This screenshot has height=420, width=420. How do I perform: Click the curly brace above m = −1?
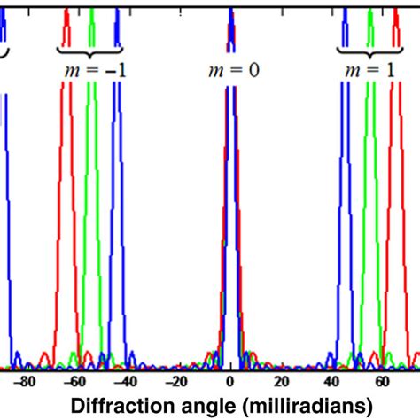tap(89, 49)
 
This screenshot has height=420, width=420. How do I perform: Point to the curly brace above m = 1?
tap(367, 49)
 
